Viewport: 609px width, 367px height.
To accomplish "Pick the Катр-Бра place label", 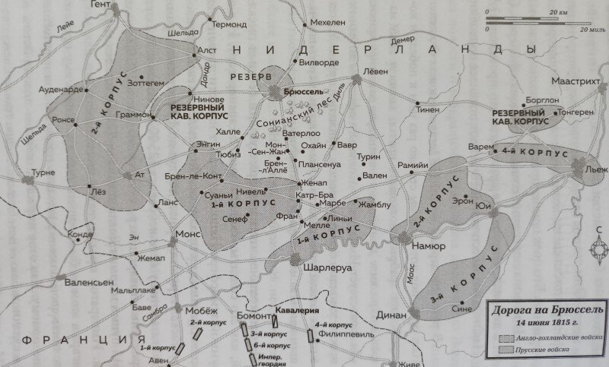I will point(311,195).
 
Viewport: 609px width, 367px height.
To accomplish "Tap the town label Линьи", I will point(340,219).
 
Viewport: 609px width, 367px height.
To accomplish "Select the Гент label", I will point(100,5).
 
